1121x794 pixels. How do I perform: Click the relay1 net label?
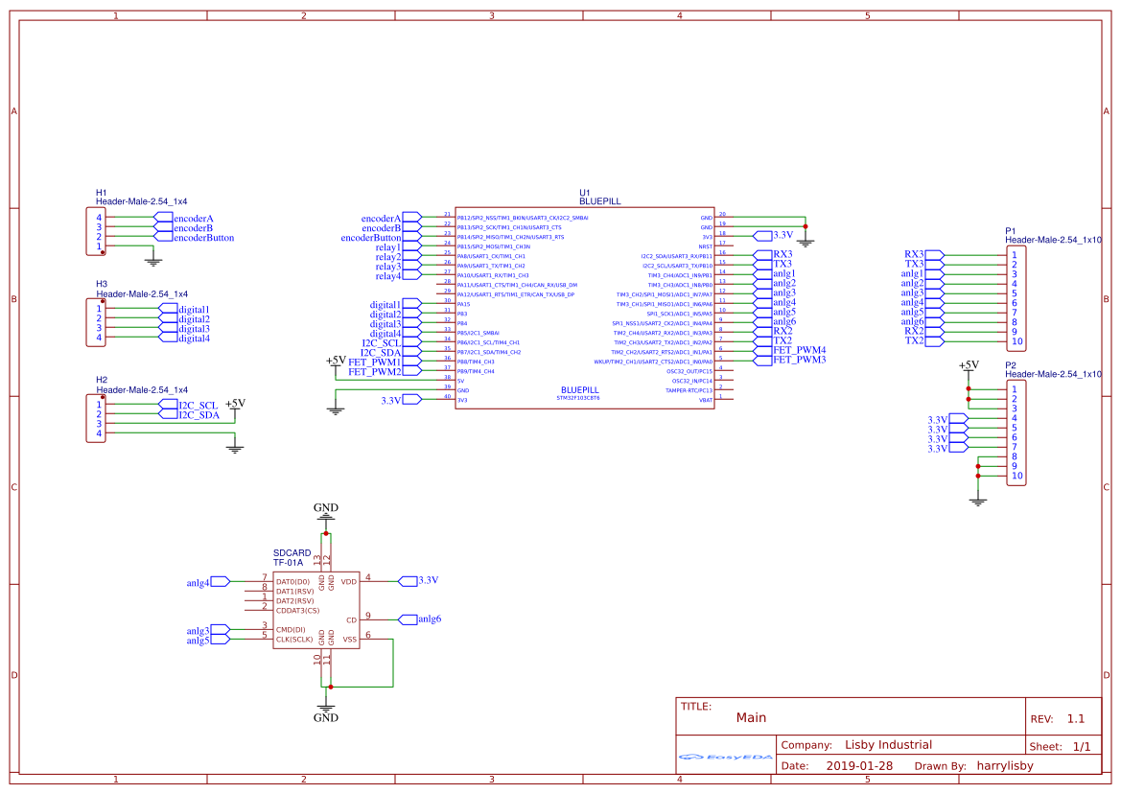pos(387,247)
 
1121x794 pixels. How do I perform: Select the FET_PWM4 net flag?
pos(799,350)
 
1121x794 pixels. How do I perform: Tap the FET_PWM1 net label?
pos(374,362)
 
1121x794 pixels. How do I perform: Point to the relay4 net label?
pos(387,275)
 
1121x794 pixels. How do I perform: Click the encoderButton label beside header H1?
pos(203,238)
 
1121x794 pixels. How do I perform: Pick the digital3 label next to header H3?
pos(194,329)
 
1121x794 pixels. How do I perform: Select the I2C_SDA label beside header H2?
pos(199,415)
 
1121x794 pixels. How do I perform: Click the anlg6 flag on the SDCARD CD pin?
pos(429,619)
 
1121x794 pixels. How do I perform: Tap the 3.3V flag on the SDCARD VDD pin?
pos(428,580)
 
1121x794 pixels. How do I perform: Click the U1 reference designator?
pos(585,193)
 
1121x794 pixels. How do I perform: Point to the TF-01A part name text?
pos(289,563)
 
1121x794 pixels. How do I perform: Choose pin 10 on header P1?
pos(1016,341)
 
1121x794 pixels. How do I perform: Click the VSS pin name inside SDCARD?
pos(350,639)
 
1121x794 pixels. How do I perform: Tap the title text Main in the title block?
pos(751,717)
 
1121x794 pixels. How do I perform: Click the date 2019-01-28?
pos(859,766)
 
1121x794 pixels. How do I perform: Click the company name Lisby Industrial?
pos(888,745)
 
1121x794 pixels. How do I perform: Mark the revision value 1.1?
pos(1075,718)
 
